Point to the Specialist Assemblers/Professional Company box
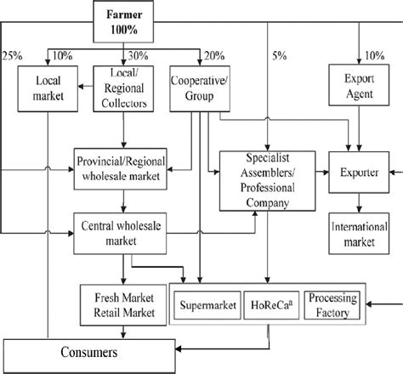268,180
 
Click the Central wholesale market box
125,231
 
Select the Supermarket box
207,303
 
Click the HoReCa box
270,303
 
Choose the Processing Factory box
332,303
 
